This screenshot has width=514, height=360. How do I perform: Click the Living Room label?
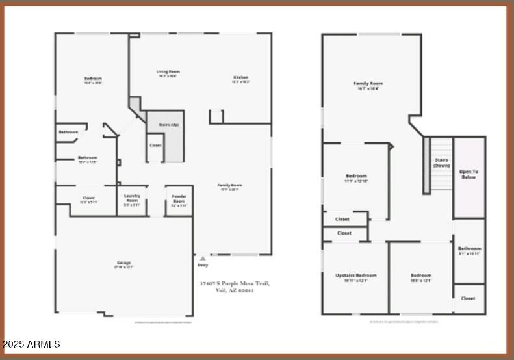pos(168,71)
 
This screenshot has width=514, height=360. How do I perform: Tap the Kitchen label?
pos(240,78)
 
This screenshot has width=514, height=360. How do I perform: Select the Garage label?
pos(123,263)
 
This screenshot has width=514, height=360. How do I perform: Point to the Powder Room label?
pos(179,198)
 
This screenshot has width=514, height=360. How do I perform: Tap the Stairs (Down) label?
pos(442,162)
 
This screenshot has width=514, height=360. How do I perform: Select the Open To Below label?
pos(469,174)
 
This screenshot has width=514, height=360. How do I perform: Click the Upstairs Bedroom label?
pos(355,275)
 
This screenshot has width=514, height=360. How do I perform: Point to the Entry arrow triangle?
pos(203,258)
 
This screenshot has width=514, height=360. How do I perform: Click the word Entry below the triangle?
pos(203,266)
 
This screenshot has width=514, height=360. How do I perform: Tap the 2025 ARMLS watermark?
pos(31,344)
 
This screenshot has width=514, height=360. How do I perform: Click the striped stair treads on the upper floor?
pos(427,165)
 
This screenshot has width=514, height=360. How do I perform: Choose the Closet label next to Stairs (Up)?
pos(155,145)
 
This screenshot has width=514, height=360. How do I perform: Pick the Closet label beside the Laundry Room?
pos(88,198)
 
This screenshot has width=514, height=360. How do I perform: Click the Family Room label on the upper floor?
pos(368,83)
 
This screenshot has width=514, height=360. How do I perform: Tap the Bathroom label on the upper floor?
pos(469,248)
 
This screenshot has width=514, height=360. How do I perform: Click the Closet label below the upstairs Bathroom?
pos(469,298)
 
